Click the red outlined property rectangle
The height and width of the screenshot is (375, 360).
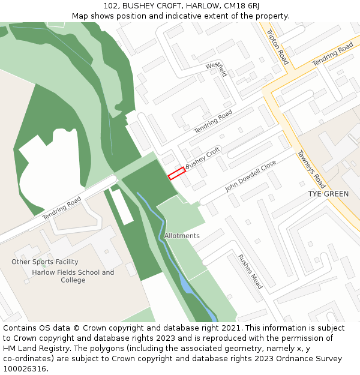point(176,173)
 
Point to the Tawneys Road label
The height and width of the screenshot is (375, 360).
point(311,169)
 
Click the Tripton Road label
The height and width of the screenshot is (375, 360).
point(277,47)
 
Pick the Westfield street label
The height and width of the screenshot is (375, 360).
point(216,69)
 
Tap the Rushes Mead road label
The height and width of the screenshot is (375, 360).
point(250,271)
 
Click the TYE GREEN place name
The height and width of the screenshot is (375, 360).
point(328,194)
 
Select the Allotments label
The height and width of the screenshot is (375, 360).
point(182,236)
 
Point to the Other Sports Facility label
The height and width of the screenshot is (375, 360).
point(45,262)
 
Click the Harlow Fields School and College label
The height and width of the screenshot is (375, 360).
point(73,276)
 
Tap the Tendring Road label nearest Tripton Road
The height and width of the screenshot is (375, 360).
point(332,55)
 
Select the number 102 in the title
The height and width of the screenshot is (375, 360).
point(110,5)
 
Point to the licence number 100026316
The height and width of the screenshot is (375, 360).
point(25,369)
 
